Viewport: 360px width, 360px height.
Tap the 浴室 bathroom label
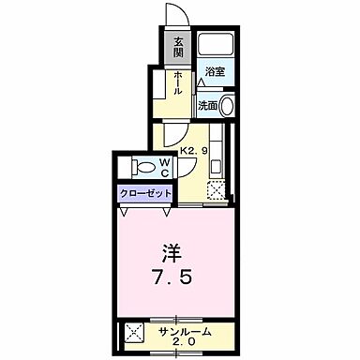tap(215, 71)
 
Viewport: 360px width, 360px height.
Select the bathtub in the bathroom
tap(216, 45)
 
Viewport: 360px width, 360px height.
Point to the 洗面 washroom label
tap(206, 106)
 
